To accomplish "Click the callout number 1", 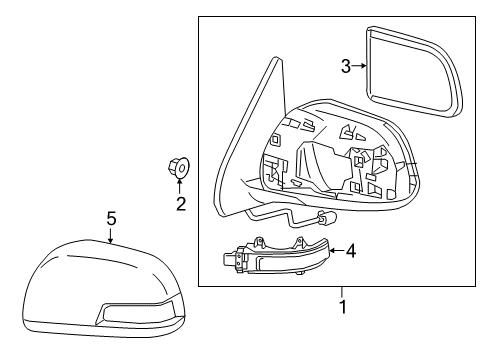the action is click(343, 307).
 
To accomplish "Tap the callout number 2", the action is click(181, 204).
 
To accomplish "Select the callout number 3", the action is click(346, 66).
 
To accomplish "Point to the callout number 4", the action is click(351, 250).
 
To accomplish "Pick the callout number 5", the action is click(111, 218).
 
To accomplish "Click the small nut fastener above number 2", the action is click(178, 167).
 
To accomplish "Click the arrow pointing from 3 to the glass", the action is click(359, 66).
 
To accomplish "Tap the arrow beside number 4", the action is click(337, 250).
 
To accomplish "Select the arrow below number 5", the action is click(111, 234).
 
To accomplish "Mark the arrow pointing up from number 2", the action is click(180, 187).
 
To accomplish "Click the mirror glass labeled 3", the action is click(414, 72).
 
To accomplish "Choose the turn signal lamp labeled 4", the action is click(276, 256).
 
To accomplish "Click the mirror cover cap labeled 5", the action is click(104, 289).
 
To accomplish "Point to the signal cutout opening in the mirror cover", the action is click(136, 312).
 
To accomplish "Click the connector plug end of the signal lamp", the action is click(231, 259).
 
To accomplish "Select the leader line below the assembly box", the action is click(342, 292).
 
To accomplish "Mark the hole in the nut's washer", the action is click(182, 168).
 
